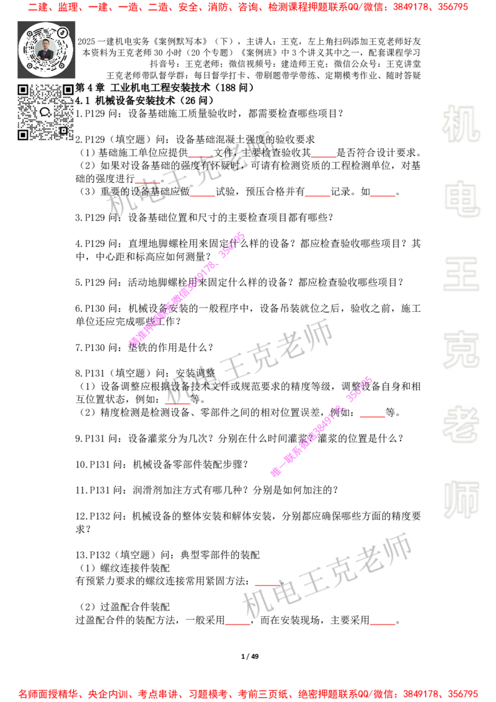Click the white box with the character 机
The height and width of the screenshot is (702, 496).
click(461, 124)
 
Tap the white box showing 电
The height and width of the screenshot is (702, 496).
click(463, 198)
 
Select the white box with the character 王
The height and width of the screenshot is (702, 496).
click(461, 275)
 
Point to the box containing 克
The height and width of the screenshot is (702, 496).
click(461, 350)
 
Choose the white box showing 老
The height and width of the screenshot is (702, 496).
click(461, 424)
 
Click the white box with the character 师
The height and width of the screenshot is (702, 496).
click(461, 501)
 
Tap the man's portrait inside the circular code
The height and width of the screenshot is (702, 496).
click(45, 50)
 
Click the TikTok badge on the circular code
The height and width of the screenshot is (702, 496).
click(63, 32)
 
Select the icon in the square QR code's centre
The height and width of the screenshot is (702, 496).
click(45, 112)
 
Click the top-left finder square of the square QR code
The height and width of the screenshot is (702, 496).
click(23, 90)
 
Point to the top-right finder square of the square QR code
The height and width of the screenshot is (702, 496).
click(68, 90)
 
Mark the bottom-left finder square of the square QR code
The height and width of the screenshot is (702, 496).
click(23, 135)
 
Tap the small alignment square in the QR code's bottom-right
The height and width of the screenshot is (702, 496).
click(63, 130)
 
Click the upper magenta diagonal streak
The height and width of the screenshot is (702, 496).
click(186, 289)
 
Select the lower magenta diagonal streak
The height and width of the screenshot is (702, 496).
click(322, 425)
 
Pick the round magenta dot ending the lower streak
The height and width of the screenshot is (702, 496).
click(275, 472)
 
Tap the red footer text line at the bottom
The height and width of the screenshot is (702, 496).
click(248, 693)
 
